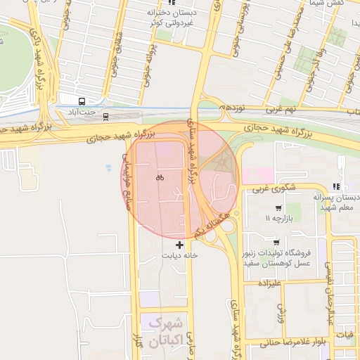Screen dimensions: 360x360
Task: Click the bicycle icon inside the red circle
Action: click(160, 177)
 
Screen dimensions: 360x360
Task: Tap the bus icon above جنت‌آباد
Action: click(82, 101)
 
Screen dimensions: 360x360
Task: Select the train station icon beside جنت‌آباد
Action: click(105, 115)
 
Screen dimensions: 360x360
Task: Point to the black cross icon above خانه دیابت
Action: click(180, 245)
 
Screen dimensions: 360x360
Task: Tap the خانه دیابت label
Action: click(181, 256)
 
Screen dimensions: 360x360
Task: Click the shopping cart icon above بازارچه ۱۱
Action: click(279, 208)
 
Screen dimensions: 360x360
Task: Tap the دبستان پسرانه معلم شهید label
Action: click(336, 202)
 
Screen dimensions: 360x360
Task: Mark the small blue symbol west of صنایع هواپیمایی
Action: click(108, 167)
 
